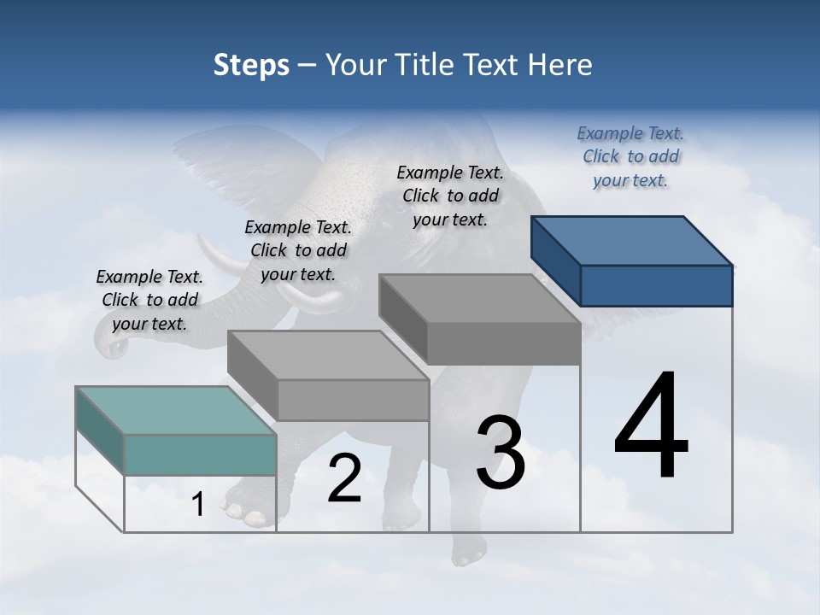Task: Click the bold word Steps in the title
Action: (x=251, y=65)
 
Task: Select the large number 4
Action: (x=651, y=426)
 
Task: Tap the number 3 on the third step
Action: (x=500, y=453)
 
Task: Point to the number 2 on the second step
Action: (x=344, y=478)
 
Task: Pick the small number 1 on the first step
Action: (x=197, y=505)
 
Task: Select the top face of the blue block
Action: (x=632, y=240)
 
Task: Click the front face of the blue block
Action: (x=656, y=285)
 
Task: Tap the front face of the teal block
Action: (x=200, y=454)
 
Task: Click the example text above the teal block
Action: (x=149, y=300)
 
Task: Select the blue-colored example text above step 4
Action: (x=630, y=156)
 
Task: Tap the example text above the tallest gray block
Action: (x=450, y=196)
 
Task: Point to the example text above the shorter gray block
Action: (x=298, y=250)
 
